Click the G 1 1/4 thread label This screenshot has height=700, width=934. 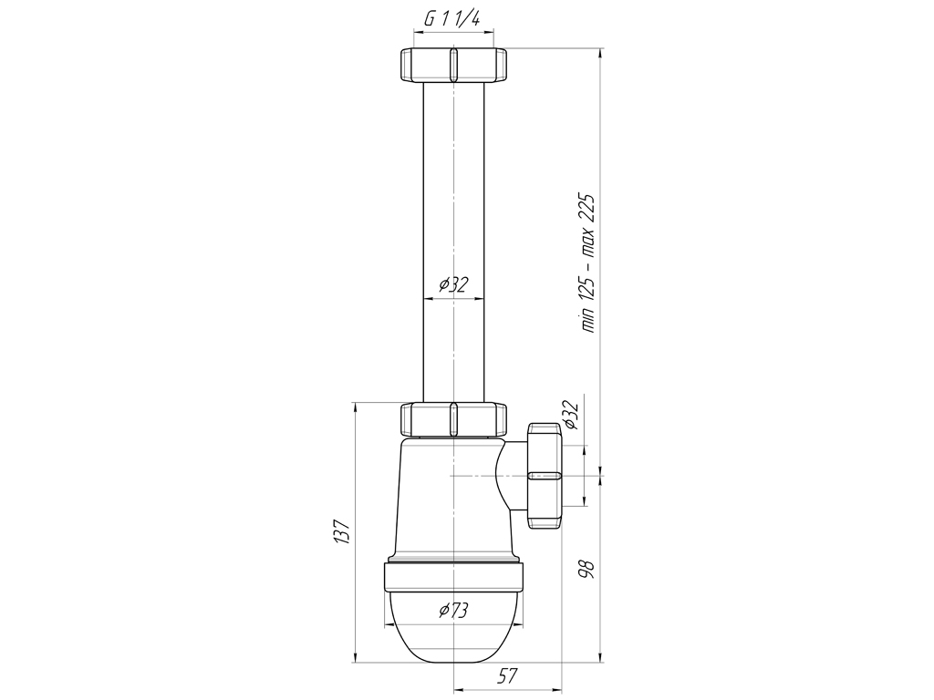click(452, 19)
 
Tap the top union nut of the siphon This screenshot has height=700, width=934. click(453, 65)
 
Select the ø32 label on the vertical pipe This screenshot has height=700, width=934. click(454, 285)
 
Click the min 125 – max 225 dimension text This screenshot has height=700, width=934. click(588, 262)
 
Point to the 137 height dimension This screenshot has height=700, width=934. click(341, 531)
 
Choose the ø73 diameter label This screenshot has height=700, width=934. click(454, 611)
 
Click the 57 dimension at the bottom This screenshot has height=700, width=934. click(507, 675)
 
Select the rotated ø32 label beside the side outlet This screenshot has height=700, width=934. click(570, 415)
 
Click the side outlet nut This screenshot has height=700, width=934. click(545, 475)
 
